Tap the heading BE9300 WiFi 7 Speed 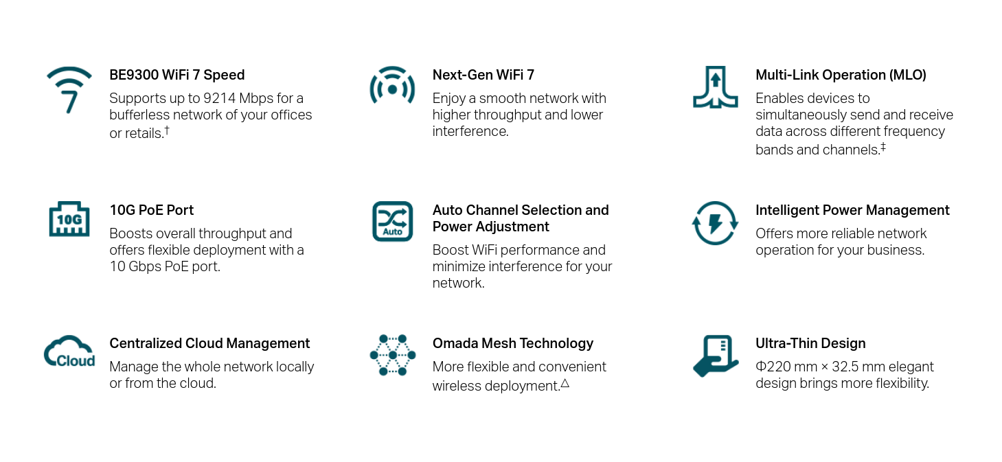click(x=177, y=75)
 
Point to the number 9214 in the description click(x=219, y=98)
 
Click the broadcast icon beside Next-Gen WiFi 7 click(x=392, y=86)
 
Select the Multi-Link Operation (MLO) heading click(x=841, y=75)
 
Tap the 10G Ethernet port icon click(x=69, y=219)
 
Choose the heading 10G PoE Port click(x=152, y=210)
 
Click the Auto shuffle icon click(x=392, y=221)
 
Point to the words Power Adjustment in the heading click(x=491, y=227)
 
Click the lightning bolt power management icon click(x=715, y=222)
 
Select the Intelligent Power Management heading click(x=852, y=210)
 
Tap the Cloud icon click(x=69, y=351)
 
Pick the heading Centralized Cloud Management click(x=209, y=343)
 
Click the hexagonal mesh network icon click(x=393, y=355)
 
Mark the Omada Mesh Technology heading click(x=512, y=343)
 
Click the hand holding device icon click(x=716, y=356)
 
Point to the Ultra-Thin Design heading click(x=810, y=343)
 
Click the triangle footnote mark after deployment click(x=565, y=383)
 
